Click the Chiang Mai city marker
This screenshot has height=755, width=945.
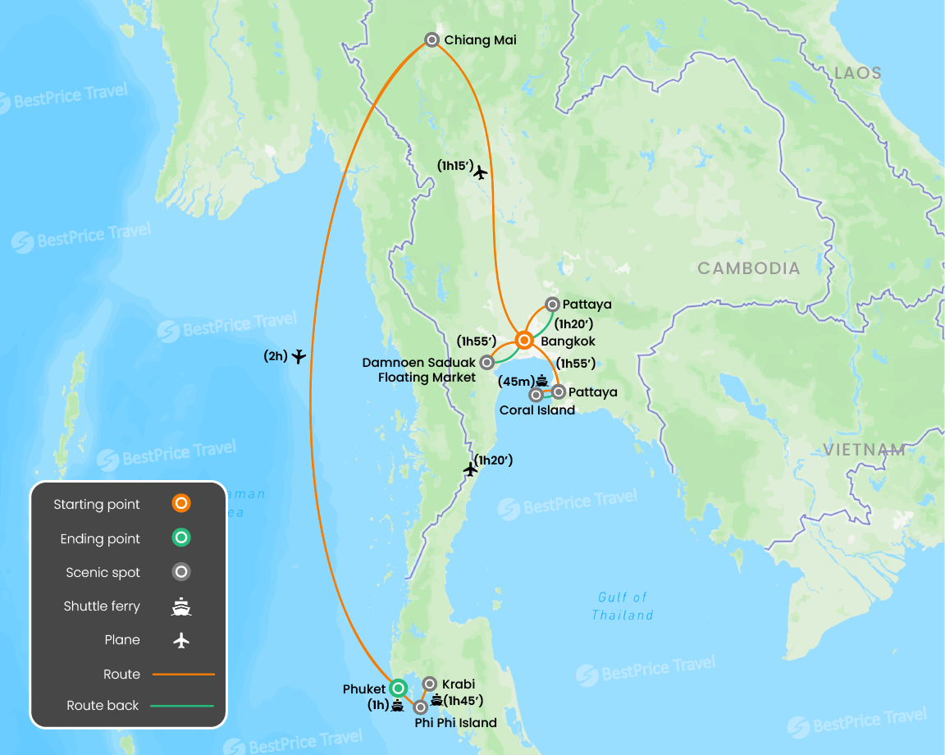(431, 39)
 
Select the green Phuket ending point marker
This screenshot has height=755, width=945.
(398, 688)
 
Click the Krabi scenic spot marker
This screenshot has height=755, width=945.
(429, 684)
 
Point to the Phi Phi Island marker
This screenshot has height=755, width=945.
(420, 707)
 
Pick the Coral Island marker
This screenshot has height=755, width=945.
(536, 395)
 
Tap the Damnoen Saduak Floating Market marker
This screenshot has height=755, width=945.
(487, 362)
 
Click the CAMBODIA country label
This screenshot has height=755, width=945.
(748, 268)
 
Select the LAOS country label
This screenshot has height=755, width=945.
(857, 73)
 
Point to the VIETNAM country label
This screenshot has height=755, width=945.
(865, 450)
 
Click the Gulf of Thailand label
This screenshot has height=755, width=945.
(623, 606)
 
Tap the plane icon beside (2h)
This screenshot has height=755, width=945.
(299, 356)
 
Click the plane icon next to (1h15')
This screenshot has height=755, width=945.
(481, 172)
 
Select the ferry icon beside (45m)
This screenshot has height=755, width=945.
(542, 380)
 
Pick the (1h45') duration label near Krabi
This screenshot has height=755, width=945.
(463, 700)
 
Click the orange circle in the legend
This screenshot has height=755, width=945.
(181, 504)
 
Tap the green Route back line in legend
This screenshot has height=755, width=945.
(181, 705)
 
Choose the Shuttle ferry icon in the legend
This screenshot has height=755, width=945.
(181, 606)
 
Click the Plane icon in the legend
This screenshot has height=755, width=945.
(181, 640)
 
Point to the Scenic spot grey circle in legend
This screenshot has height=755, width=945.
(181, 572)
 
